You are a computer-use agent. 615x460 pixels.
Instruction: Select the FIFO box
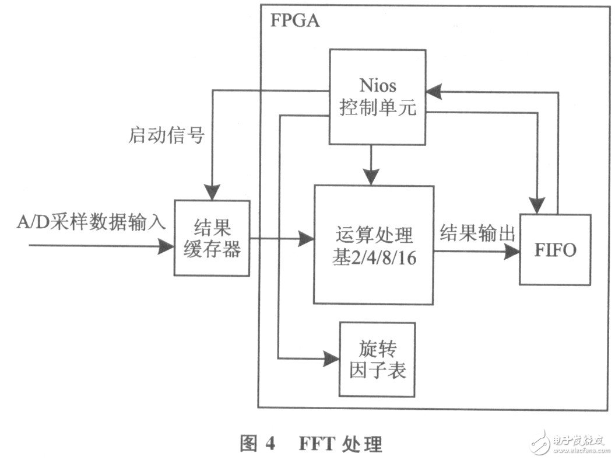(x=555, y=250)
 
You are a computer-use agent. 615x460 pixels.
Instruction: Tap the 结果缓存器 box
(x=212, y=238)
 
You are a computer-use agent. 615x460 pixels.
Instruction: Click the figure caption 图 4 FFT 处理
(x=311, y=444)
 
